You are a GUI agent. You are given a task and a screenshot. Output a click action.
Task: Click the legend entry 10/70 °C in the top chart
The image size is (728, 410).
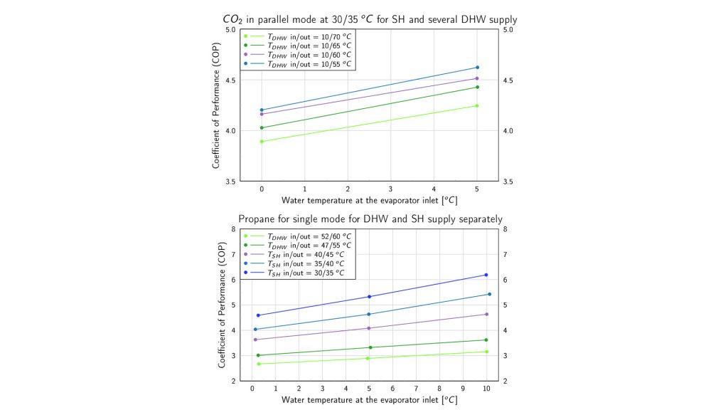click(309, 36)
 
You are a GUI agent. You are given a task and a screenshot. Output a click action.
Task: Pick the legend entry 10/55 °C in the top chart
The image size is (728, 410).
click(309, 63)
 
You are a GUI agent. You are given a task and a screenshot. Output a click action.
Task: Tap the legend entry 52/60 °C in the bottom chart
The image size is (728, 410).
click(309, 236)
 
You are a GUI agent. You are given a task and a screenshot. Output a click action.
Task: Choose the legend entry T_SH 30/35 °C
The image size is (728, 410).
click(307, 273)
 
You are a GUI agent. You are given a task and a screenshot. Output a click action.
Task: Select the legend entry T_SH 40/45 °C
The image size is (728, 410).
click(307, 254)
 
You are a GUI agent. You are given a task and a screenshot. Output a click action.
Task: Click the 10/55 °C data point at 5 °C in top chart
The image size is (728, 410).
click(477, 68)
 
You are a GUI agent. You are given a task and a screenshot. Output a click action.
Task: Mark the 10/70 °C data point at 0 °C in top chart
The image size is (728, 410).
click(262, 142)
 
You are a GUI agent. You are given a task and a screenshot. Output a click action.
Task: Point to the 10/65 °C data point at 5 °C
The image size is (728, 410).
click(477, 87)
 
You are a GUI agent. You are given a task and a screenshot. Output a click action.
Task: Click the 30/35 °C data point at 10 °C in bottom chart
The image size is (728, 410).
click(486, 275)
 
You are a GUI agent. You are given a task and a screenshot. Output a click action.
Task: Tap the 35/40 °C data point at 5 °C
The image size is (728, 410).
click(369, 314)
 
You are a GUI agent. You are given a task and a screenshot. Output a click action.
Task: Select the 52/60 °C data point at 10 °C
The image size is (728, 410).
click(486, 352)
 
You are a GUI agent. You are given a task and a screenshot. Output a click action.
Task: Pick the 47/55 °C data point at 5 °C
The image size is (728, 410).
click(369, 347)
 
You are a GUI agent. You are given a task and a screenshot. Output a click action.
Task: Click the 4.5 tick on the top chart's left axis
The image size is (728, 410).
click(230, 80)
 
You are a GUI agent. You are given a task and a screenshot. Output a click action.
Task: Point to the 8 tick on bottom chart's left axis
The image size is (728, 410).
click(234, 229)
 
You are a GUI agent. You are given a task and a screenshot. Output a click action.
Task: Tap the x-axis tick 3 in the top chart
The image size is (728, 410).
click(391, 189)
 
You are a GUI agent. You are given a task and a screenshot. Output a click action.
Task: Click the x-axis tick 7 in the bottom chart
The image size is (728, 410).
click(416, 389)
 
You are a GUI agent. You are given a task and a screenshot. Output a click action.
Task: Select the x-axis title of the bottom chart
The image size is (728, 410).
click(369, 400)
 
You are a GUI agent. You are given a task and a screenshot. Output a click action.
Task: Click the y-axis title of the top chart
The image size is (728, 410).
click(215, 105)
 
